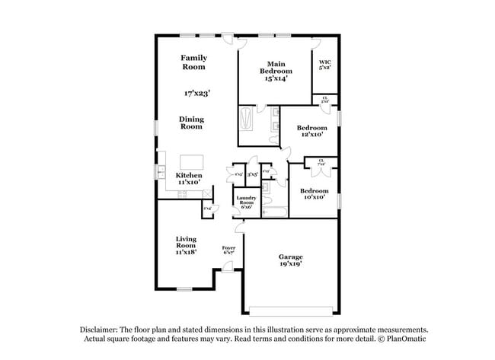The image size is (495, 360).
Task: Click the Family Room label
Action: (193, 62)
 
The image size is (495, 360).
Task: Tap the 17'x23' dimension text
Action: (196, 93)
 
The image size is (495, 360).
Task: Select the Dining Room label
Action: (191, 123)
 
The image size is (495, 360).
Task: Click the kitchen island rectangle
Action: (192, 162)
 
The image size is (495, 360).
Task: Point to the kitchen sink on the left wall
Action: (162, 172)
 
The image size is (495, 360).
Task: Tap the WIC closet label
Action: (324, 64)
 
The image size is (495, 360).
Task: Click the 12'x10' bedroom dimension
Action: (311, 134)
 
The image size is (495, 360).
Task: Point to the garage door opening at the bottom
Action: (292, 310)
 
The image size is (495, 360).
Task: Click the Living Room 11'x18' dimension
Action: (187, 252)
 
